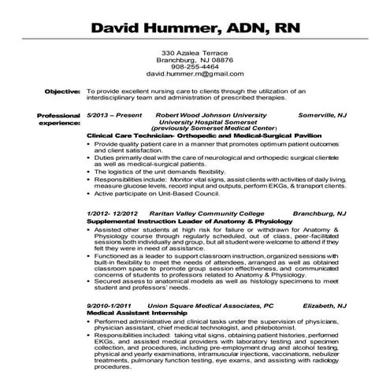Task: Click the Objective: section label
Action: coord(61,91)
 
